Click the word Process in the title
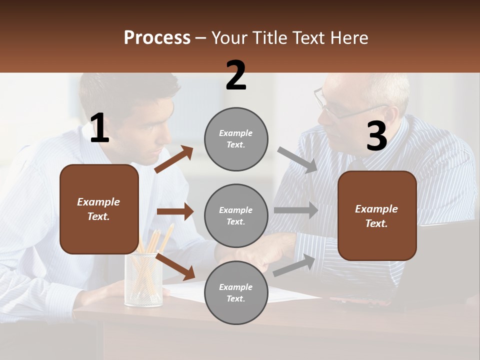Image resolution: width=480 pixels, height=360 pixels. tap(157, 38)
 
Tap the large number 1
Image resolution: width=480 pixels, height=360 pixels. tap(99, 128)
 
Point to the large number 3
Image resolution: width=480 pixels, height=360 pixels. tap(376, 136)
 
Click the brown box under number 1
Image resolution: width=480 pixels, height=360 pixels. tap(99, 209)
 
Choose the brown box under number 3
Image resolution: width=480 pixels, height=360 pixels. tap(377, 216)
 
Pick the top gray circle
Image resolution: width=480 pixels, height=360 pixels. tap(236, 139)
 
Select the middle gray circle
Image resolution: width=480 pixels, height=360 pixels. tap(236, 216)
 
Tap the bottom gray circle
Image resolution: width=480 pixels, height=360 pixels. tap(236, 293)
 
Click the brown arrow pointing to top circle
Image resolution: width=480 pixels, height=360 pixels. tap(174, 159)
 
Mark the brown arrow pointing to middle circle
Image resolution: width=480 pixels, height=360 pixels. tap(175, 211)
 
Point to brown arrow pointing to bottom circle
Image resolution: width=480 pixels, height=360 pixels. tap(175, 266)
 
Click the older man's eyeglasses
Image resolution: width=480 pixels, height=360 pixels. tap(335, 106)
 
